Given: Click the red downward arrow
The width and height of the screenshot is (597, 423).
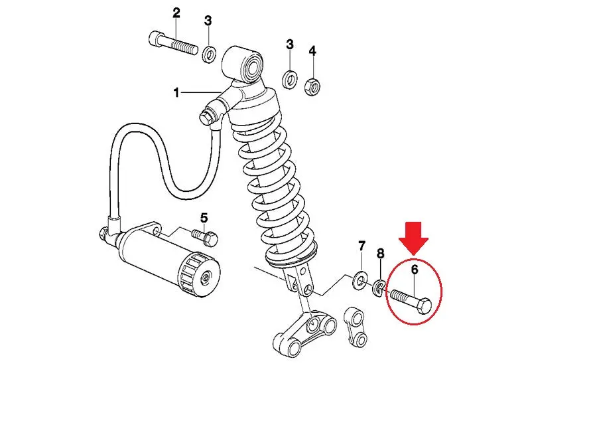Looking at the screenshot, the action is pos(414,238).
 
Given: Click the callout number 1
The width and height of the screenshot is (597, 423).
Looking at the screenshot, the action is pos(176,92).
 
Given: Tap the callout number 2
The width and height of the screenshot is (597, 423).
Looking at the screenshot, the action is pos(176,13).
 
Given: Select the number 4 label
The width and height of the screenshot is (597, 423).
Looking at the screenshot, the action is pos(312,50).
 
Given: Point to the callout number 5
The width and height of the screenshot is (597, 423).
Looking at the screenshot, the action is pos(204,218).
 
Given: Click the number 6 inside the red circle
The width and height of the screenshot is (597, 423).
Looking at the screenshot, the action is pos(414,270).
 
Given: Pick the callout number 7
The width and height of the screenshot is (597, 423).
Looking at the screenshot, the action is pos(362,246).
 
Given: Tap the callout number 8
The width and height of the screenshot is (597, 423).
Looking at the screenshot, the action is pos(380,254).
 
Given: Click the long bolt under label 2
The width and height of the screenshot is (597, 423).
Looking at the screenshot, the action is pos(173,43).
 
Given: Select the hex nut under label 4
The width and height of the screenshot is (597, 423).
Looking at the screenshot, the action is pos(312,86).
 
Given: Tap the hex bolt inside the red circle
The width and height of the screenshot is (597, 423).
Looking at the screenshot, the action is pos(411,301).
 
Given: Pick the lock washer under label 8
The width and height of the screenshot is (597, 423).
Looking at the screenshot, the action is pos(379,288).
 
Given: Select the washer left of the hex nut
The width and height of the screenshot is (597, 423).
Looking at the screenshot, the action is pos(290,79).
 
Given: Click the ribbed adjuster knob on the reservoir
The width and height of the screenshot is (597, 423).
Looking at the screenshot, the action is pos(198,276).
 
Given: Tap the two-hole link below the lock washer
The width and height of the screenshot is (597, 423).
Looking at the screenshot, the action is pos(356,327).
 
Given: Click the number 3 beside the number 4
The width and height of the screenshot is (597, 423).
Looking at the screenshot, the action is pos(290,44).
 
